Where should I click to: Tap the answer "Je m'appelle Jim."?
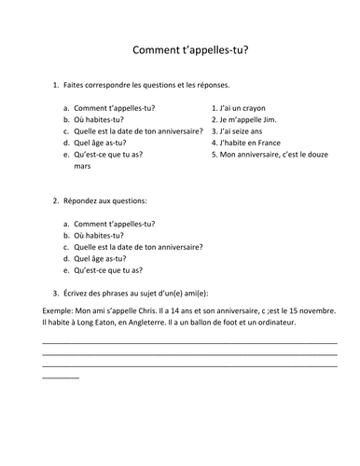tap(251, 119)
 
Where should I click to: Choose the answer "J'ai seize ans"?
tap(245, 131)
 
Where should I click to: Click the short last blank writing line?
tap(61, 377)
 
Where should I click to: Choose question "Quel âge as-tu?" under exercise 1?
tap(102, 144)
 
